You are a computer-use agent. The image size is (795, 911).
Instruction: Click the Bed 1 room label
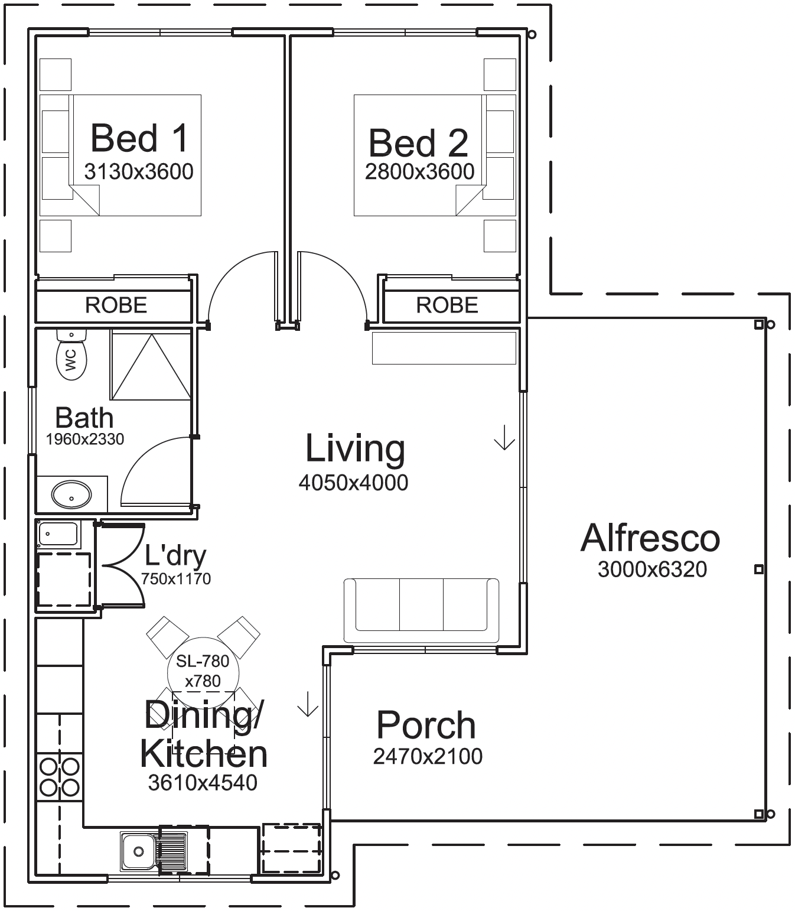[139, 138]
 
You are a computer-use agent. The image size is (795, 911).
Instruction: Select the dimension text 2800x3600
[420, 172]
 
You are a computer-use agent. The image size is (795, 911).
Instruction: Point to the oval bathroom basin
[71, 494]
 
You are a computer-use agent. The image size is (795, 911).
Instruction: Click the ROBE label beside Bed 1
[116, 305]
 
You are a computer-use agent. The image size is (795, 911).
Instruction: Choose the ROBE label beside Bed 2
[447, 305]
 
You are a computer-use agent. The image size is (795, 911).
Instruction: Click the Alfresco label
[650, 538]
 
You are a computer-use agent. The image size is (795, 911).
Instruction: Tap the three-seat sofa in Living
[421, 610]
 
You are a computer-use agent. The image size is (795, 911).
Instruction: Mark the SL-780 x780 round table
[203, 673]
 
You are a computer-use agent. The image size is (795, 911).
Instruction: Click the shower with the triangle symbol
[151, 366]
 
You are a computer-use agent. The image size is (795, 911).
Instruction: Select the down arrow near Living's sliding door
[504, 437]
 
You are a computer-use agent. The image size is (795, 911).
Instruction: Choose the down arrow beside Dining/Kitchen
[308, 704]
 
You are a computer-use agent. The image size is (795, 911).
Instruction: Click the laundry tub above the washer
[58, 534]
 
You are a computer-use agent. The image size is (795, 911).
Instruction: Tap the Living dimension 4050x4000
[353, 483]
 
